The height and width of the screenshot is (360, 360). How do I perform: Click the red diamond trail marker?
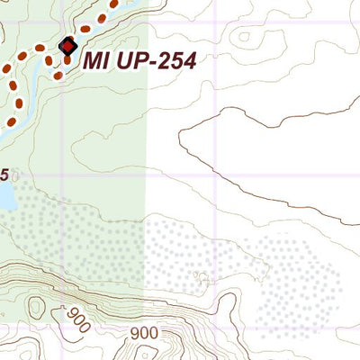(67, 46)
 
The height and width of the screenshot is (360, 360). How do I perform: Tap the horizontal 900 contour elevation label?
(144, 334)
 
